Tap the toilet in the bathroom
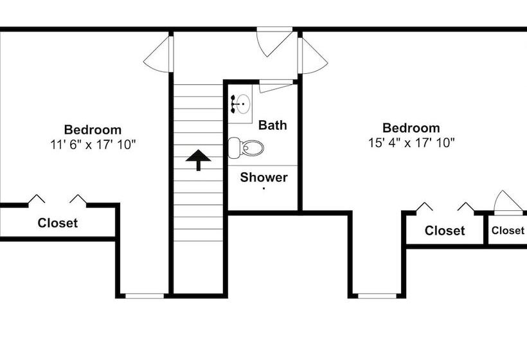[246, 148]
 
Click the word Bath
[272, 125]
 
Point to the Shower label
[264, 177]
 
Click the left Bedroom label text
[93, 130]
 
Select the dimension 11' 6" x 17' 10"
[93, 145]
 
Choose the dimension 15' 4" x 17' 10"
[411, 143]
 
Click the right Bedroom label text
[411, 128]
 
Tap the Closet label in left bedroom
[58, 223]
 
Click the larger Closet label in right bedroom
[445, 230]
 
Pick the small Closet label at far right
[508, 230]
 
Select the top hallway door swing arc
[272, 42]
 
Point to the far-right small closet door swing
[508, 201]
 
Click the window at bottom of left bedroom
[144, 296]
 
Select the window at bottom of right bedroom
[377, 296]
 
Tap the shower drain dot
[264, 189]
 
